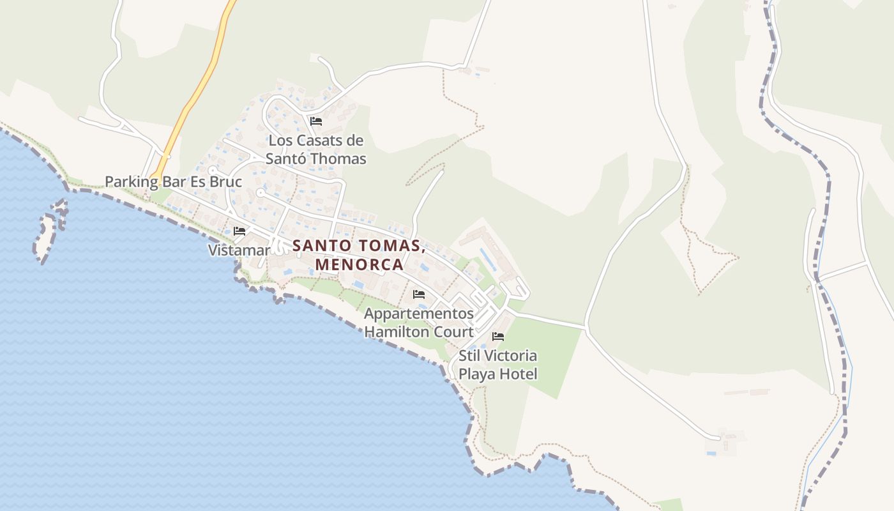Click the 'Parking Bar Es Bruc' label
173,182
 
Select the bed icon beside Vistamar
239,231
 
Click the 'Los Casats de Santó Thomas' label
315,149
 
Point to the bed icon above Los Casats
315,121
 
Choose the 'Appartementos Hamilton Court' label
419,323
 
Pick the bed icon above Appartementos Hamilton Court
419,294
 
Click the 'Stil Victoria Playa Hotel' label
497,365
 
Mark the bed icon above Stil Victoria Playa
498,336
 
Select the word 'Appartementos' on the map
419,314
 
